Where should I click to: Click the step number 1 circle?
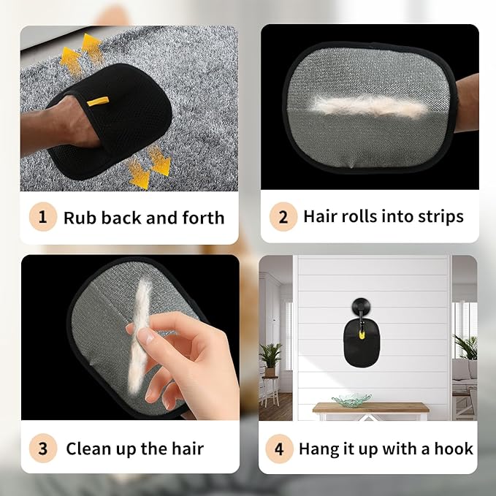(x=42, y=217)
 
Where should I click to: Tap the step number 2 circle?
(x=283, y=217)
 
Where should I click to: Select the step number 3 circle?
(x=42, y=448)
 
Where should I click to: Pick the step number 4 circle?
(x=279, y=448)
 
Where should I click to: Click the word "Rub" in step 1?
(x=77, y=217)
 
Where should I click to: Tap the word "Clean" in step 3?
(x=89, y=448)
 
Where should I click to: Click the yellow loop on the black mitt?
(x=97, y=101)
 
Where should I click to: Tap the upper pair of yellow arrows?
(x=81, y=53)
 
